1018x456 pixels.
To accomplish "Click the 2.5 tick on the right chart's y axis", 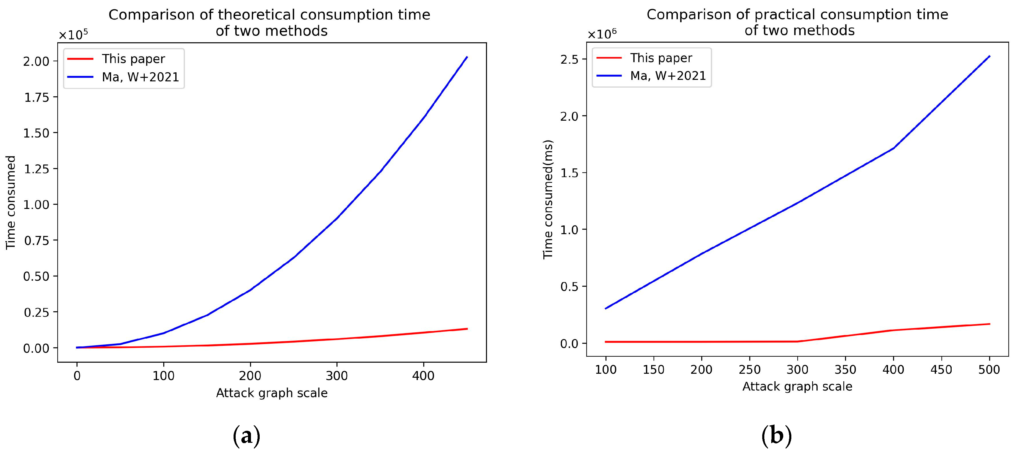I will point(569,59).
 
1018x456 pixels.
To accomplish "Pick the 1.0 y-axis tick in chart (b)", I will point(569,230).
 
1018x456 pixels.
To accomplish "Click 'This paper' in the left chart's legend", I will point(133,59).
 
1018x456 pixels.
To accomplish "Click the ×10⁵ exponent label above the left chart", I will point(74,35).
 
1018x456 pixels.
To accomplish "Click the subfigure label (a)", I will point(246,436).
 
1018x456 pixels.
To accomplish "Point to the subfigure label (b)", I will point(776,436).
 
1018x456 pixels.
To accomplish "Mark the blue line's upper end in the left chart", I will point(467,57).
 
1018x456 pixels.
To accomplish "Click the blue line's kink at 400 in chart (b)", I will point(893,148).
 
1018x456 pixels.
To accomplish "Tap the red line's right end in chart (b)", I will point(989,324).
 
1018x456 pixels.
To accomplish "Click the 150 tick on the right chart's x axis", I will point(654,370).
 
